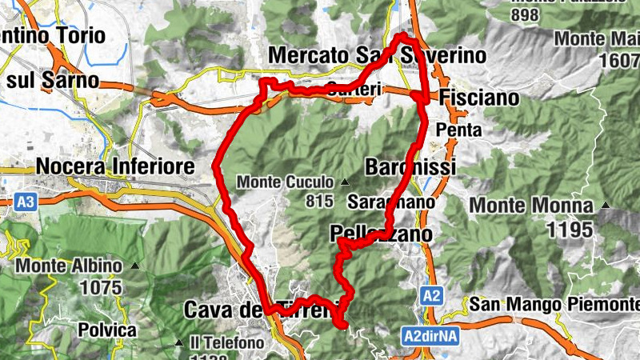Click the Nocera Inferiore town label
tap(115, 166)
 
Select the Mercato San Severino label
tap(378, 55)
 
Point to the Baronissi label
tap(410, 167)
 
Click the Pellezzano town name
tap(381, 234)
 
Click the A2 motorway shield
tap(431, 296)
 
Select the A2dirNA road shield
tap(430, 338)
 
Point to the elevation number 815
tap(319, 199)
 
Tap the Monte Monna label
tap(531, 206)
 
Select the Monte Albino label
tap(70, 266)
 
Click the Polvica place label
tap(107, 329)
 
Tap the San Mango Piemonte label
tap(554, 304)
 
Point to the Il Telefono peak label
tap(227, 343)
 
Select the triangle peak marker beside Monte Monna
tap(606, 205)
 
